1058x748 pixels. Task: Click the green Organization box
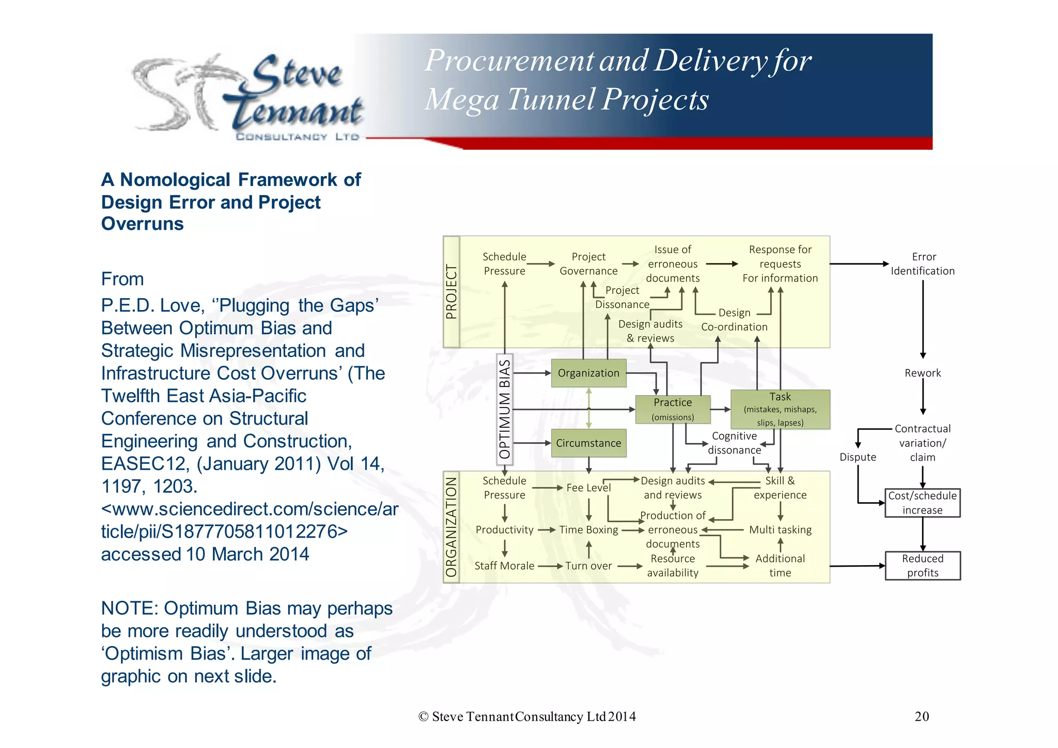coord(588,373)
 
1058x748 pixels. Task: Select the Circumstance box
coord(588,443)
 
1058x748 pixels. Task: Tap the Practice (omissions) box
coord(673,409)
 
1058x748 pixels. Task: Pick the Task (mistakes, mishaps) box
coord(780,409)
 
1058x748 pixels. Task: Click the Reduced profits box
coord(923,566)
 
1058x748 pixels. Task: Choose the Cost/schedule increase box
coord(923,503)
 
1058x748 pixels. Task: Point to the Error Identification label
coord(923,264)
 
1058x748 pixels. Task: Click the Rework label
coord(923,373)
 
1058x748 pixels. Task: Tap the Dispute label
coord(858,457)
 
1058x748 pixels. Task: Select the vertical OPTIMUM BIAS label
coord(505,409)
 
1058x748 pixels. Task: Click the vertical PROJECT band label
coord(452,292)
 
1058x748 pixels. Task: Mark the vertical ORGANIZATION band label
coord(452,527)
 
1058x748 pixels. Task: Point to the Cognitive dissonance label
coord(734,443)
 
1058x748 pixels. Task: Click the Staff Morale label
coord(504,566)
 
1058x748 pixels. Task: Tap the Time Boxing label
coord(588,530)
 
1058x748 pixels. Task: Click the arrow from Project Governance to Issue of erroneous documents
coord(630,264)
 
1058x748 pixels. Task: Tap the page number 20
coord(922,716)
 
